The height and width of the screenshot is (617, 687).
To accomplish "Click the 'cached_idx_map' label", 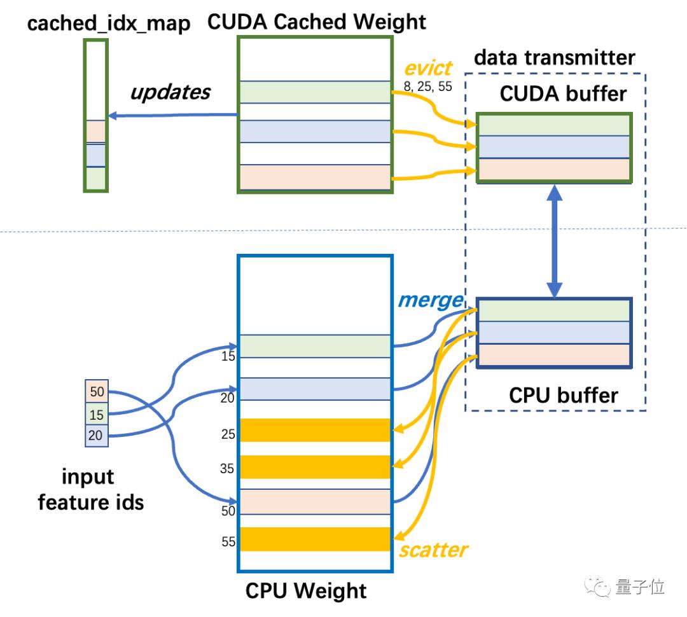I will click(109, 25).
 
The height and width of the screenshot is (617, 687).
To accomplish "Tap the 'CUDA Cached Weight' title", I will click(317, 22).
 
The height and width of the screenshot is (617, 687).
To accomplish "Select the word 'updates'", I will click(170, 92).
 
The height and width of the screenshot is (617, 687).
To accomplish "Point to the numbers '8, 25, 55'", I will click(427, 86).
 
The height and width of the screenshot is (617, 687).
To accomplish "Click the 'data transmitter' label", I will click(555, 58).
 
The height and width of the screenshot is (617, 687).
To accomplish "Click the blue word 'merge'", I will click(431, 300).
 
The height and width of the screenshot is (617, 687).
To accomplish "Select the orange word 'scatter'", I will click(433, 549).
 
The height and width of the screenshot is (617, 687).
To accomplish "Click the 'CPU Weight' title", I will click(306, 590).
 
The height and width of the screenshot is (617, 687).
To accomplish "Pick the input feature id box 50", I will click(97, 391).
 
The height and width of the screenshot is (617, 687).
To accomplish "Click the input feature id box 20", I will click(97, 436).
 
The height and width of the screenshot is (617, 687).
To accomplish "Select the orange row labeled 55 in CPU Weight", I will click(314, 539).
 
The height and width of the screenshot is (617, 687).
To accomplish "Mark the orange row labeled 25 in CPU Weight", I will click(314, 430).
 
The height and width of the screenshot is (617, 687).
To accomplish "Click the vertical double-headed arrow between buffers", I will click(555, 242).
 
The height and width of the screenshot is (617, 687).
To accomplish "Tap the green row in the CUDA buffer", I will click(554, 126).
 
